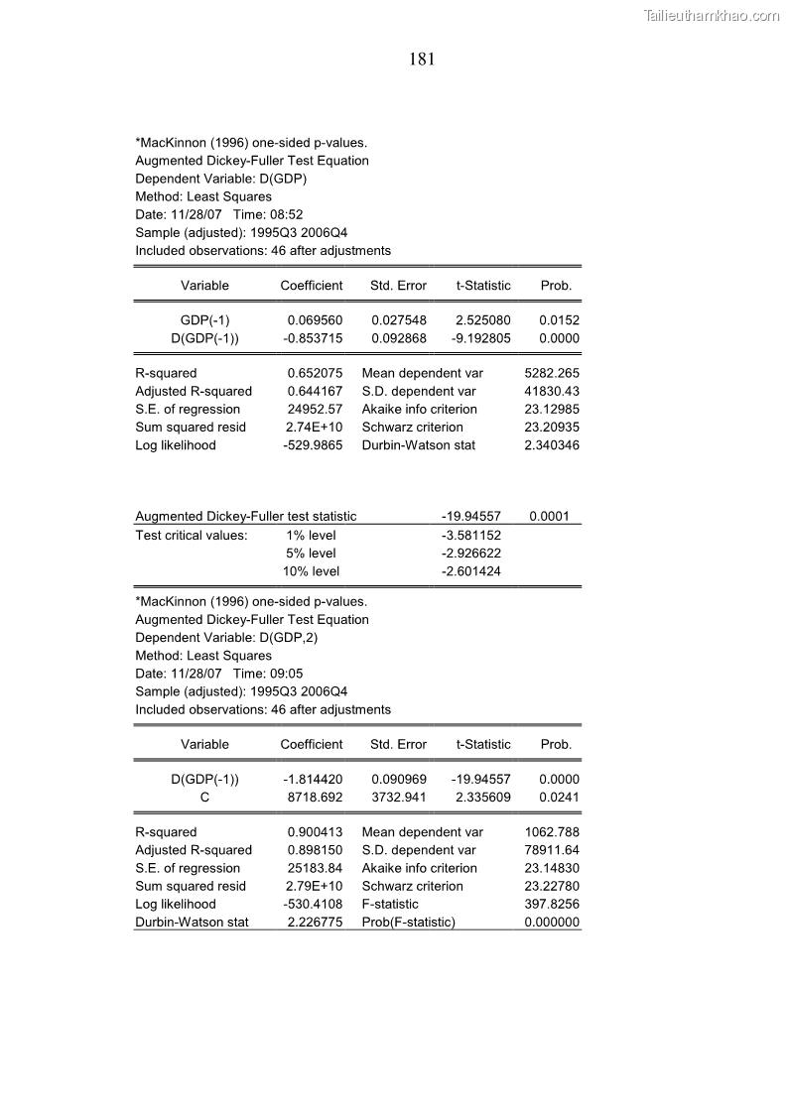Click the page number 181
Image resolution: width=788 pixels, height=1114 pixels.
point(422,60)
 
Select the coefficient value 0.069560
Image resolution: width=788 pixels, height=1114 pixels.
point(315,320)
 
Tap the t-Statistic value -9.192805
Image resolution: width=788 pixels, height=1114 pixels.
point(481,338)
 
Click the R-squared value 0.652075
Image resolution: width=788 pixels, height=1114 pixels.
point(315,373)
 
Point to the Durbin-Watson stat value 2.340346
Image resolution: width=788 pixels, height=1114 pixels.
point(552,445)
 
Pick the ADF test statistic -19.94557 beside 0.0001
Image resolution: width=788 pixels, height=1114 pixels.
point(471,516)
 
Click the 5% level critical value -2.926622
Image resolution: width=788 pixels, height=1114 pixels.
point(471,553)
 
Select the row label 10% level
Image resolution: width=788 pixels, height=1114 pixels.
point(312,570)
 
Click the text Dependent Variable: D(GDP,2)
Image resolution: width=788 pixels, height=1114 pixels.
point(226,638)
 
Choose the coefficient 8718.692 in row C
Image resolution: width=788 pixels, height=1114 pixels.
point(315,798)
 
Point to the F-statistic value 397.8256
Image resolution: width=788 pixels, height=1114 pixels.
point(552,904)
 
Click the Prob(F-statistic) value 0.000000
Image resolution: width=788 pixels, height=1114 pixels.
point(552,923)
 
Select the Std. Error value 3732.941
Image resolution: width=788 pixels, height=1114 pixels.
point(399,798)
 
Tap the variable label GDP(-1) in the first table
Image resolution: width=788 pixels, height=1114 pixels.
point(204,320)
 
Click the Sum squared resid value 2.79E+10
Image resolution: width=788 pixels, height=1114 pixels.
point(315,886)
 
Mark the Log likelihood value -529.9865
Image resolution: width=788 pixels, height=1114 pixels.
point(313,445)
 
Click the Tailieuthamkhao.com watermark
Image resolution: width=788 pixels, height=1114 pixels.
point(712,15)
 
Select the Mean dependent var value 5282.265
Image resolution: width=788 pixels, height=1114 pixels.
point(552,373)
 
